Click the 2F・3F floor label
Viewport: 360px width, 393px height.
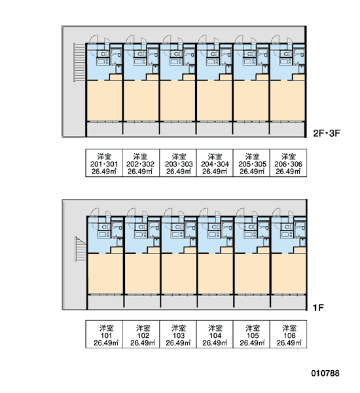click(x=327, y=133)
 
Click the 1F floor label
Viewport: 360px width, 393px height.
click(x=318, y=307)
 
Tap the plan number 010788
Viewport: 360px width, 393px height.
click(x=325, y=373)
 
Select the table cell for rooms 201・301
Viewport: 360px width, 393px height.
click(x=104, y=163)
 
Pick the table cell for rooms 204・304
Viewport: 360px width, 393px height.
click(x=215, y=163)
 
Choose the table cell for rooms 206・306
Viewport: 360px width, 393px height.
click(x=289, y=163)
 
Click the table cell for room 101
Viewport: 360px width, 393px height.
click(x=104, y=334)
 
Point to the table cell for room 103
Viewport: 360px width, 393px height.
click(x=178, y=334)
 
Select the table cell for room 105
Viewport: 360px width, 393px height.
click(x=251, y=334)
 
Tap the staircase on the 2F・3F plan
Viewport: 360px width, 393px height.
click(x=80, y=62)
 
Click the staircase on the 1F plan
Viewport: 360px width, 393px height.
click(x=81, y=249)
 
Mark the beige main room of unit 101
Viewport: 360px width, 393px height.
click(x=105, y=273)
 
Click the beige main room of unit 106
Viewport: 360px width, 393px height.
click(x=289, y=273)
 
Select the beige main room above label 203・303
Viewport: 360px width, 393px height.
click(x=177, y=100)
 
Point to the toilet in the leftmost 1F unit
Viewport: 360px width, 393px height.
click(x=104, y=227)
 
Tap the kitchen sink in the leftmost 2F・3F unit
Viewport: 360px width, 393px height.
click(x=103, y=62)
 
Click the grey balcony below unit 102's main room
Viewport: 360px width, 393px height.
click(x=142, y=302)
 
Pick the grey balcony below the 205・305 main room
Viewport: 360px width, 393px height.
click(x=251, y=128)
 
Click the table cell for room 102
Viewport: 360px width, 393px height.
click(x=141, y=334)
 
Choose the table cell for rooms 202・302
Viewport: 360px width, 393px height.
click(x=141, y=163)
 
